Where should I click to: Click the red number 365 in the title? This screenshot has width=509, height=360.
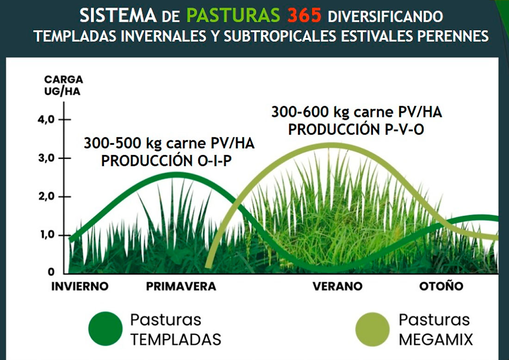pos(304,16)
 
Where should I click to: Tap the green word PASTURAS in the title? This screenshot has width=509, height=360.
pos(233,16)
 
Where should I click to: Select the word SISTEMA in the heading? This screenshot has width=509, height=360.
pos(118,16)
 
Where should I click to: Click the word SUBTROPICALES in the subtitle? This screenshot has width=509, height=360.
pos(280,36)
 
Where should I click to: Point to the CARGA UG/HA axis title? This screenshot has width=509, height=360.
pos(63,86)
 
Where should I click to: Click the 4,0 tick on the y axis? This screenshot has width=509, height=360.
pos(46,120)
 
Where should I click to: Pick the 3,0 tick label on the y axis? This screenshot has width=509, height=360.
pos(46,158)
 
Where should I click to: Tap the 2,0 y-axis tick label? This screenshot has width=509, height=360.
pos(46,197)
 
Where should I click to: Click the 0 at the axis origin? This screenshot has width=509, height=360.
pos(51,272)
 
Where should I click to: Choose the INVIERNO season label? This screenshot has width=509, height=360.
pos(80,286)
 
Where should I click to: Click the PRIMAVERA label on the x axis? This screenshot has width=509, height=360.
pos(181,286)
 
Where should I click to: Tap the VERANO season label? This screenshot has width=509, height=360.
pos(338,286)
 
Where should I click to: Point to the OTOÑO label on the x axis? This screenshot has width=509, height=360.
pos(441,286)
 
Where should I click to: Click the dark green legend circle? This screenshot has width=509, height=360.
pos(106,329)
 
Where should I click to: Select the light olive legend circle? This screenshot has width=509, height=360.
pos(372,329)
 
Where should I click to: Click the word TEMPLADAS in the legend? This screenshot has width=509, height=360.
pos(176,340)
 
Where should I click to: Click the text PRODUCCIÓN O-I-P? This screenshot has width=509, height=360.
pos(166,161)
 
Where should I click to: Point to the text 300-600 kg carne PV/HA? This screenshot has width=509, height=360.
pos(356,112)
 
